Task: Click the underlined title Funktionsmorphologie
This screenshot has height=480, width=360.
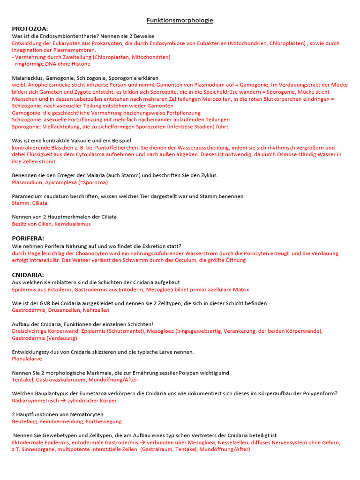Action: point(180,21)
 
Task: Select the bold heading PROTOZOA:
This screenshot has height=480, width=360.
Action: point(30,29)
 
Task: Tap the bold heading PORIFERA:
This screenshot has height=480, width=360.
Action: point(28,238)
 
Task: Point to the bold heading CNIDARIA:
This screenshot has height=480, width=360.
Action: point(28,275)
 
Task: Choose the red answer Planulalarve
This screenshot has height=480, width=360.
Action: point(27,359)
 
